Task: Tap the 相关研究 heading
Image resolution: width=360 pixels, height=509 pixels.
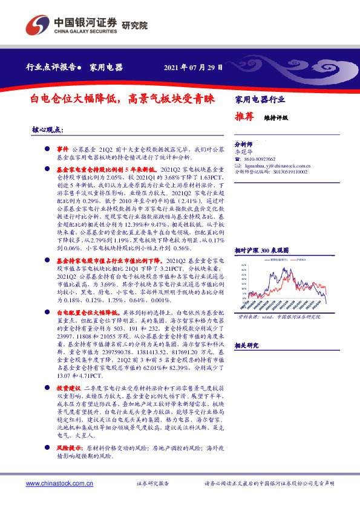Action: coord(246,345)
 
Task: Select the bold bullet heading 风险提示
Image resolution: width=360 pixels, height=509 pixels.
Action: coord(69,450)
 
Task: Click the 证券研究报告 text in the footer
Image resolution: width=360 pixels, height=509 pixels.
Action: coord(152,484)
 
